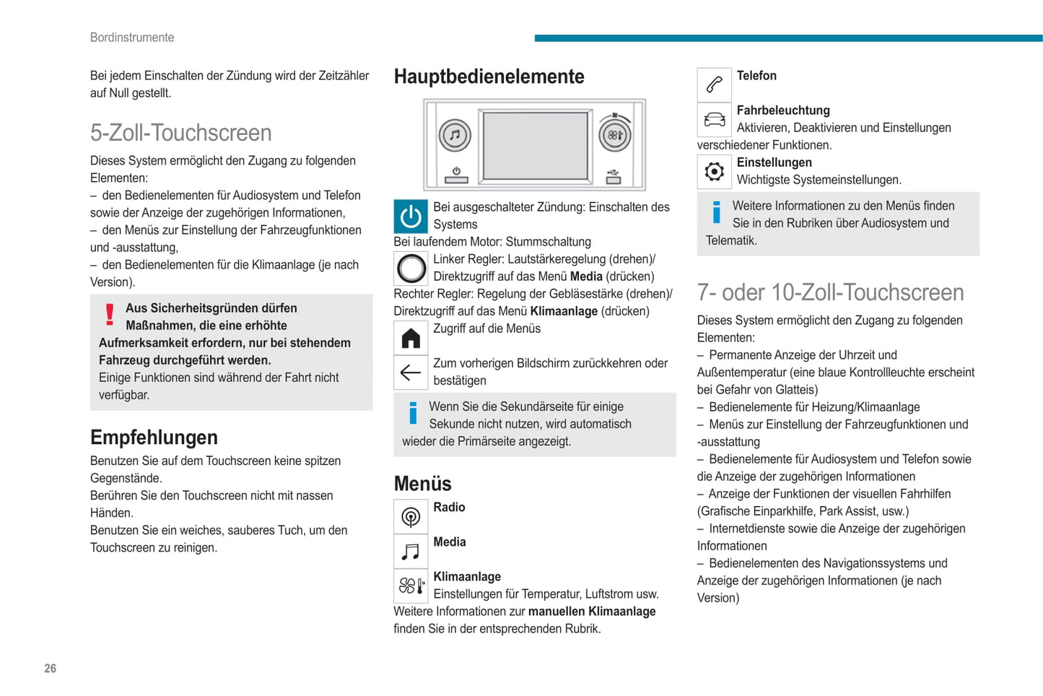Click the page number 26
point(50,669)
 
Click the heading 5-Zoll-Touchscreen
point(180,133)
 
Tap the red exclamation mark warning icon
point(110,315)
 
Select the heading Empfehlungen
point(154,438)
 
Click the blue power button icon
point(411,217)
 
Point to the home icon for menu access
point(411,338)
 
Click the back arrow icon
point(411,373)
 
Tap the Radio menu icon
point(411,517)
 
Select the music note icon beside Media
point(411,552)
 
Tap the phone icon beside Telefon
point(714,85)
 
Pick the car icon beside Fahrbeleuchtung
point(714,120)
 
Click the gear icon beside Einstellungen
point(714,172)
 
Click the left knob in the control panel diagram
point(455,135)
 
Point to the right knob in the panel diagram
point(615,135)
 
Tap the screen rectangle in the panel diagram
point(535,145)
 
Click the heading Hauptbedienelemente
point(489,77)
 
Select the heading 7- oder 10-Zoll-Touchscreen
point(830,292)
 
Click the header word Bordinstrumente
point(132,38)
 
